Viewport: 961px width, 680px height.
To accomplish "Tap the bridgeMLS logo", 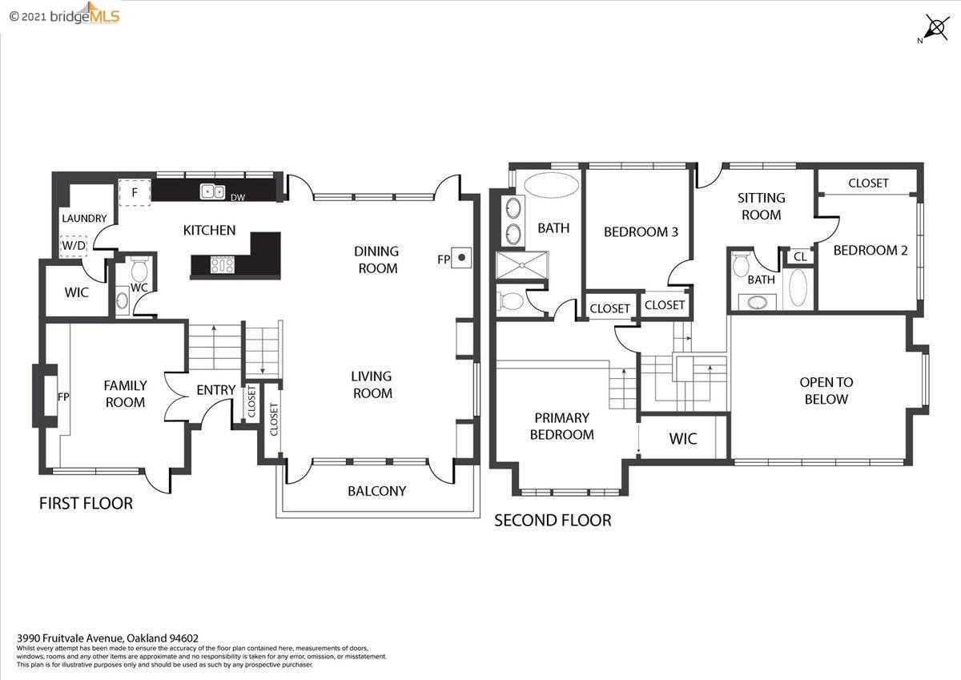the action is pyautogui.click(x=64, y=14).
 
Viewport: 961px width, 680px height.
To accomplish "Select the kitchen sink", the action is pyautogui.click(x=212, y=191).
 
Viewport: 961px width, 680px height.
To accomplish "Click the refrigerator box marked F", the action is pyautogui.click(x=135, y=193).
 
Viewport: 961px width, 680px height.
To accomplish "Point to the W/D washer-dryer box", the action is pyautogui.click(x=74, y=246).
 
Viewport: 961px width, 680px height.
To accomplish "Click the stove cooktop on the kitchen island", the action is pyautogui.click(x=223, y=264).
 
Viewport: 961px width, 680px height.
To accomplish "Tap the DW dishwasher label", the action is pyautogui.click(x=238, y=198).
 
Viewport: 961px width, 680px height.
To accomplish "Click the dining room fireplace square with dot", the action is pyautogui.click(x=461, y=258).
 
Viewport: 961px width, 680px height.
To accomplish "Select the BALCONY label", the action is pyautogui.click(x=376, y=491).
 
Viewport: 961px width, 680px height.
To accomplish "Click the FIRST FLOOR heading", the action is pyautogui.click(x=86, y=503).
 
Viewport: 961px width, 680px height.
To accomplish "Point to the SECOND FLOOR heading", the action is pyautogui.click(x=553, y=521).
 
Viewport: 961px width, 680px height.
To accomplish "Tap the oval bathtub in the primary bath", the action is pyautogui.click(x=551, y=185).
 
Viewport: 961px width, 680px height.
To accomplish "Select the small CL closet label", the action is pyautogui.click(x=800, y=256).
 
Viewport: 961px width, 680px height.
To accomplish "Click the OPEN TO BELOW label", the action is pyautogui.click(x=826, y=390).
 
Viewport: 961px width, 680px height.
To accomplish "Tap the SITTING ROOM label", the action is pyautogui.click(x=762, y=207).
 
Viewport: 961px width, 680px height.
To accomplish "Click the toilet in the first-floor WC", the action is pyautogui.click(x=139, y=268).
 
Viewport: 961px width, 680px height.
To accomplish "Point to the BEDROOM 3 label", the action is pyautogui.click(x=641, y=232).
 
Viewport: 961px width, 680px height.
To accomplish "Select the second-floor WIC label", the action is pyautogui.click(x=683, y=438).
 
